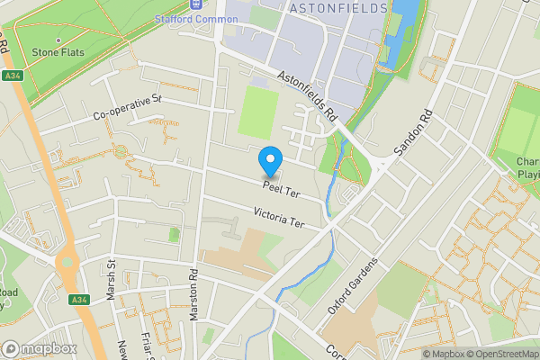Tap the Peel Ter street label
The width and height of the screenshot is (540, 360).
[x=281, y=189]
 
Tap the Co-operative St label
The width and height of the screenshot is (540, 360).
[x=127, y=107]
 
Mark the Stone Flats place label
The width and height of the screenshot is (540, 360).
[x=58, y=52]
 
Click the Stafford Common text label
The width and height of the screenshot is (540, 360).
[x=196, y=18]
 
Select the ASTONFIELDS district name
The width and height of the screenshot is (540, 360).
[x=337, y=8]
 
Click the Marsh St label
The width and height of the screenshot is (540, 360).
[x=112, y=281]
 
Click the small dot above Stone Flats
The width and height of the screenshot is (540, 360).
[x=58, y=40]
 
